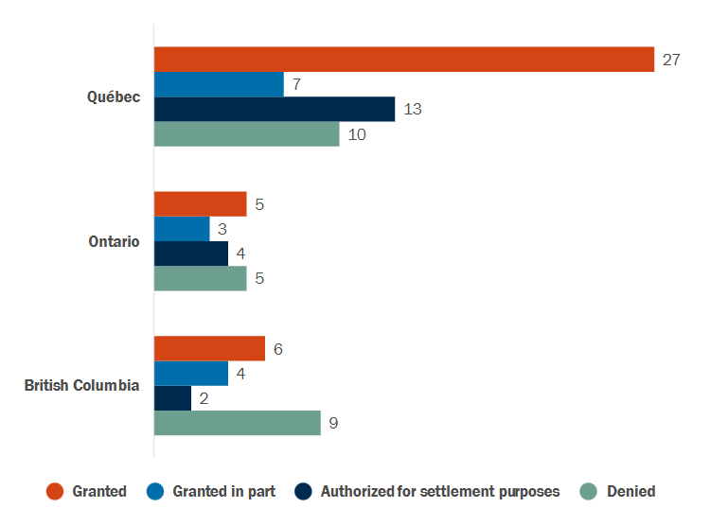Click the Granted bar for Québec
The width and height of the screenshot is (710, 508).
tap(404, 60)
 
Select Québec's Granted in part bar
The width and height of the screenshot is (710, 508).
tap(219, 84)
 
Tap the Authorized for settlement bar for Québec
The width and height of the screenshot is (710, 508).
tap(275, 109)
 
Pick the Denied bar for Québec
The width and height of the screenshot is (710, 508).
tap(246, 134)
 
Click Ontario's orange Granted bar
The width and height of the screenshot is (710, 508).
tap(200, 203)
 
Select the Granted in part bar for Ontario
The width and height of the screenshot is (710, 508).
tap(182, 229)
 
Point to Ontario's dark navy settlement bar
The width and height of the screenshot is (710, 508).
tap(191, 254)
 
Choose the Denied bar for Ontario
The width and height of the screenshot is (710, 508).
tap(200, 278)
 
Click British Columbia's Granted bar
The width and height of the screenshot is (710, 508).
tap(209, 348)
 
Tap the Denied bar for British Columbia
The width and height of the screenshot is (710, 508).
tap(237, 423)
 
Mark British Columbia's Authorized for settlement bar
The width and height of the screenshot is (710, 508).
tap(172, 398)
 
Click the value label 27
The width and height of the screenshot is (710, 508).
tap(671, 60)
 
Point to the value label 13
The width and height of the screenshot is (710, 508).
tap(413, 109)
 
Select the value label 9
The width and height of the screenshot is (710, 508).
tap(333, 423)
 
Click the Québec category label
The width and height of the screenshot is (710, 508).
tap(114, 96)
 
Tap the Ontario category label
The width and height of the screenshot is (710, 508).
tap(114, 241)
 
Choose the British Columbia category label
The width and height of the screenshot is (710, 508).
tap(82, 385)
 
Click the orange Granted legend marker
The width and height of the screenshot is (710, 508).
tap(55, 491)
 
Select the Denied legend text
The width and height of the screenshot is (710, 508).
tap(631, 491)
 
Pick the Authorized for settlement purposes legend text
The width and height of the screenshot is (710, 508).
tap(440, 491)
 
